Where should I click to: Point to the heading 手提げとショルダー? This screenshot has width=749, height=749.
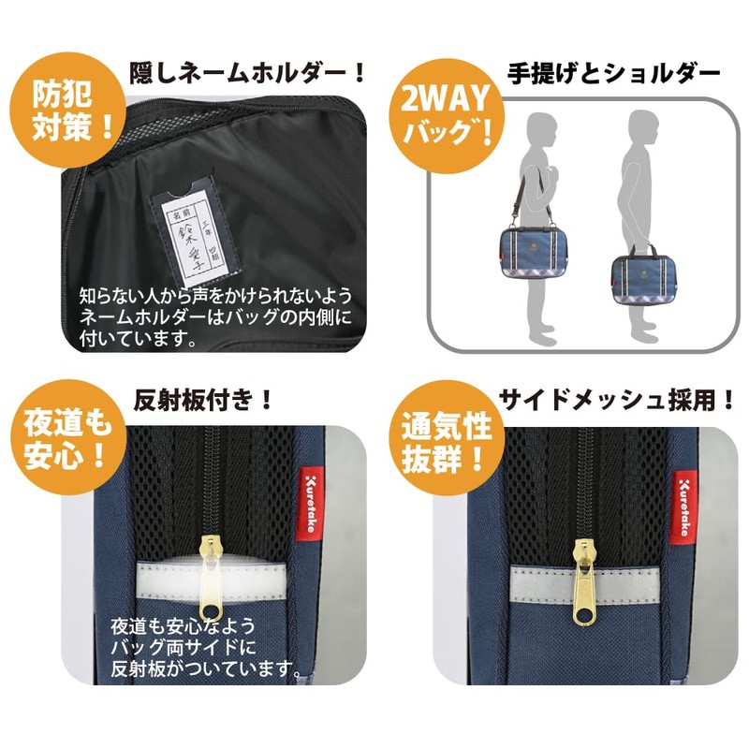613,71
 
